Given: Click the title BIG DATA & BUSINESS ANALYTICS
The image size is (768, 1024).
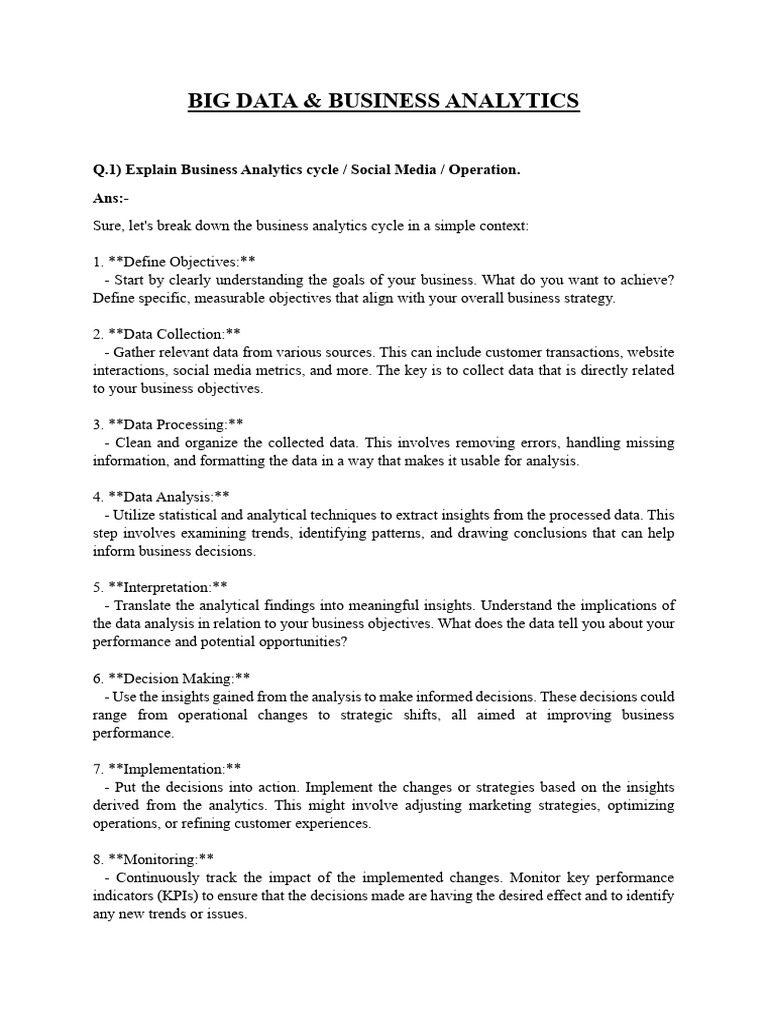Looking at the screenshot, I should pyautogui.click(x=384, y=101).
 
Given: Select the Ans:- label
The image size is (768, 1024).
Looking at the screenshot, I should pyautogui.click(x=110, y=198).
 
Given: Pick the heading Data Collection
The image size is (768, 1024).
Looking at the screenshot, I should pyautogui.click(x=170, y=334).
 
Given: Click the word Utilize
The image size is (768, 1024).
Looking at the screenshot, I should pyautogui.click(x=135, y=515).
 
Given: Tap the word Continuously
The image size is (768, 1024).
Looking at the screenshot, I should pyautogui.click(x=161, y=877).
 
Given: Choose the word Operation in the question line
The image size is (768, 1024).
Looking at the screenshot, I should pyautogui.click(x=483, y=170).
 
